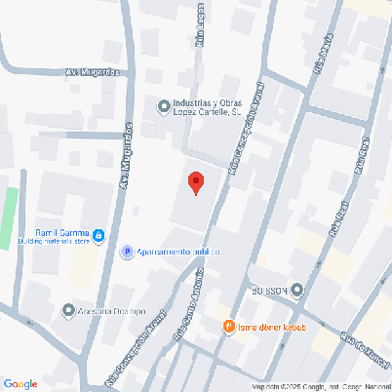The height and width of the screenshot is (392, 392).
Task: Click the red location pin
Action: [195, 181]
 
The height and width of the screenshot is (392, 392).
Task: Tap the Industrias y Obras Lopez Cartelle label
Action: [206, 107]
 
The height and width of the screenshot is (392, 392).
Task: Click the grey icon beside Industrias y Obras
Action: [163, 106]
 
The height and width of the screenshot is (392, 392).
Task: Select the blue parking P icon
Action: [126, 253]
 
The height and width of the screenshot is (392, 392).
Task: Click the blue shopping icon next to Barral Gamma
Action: [98, 234]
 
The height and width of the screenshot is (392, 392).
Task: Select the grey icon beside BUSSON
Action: [297, 291]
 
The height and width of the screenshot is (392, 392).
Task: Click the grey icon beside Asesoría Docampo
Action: [67, 311]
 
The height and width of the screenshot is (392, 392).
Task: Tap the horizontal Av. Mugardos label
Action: [92, 72]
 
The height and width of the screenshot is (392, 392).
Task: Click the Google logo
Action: [20, 383]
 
